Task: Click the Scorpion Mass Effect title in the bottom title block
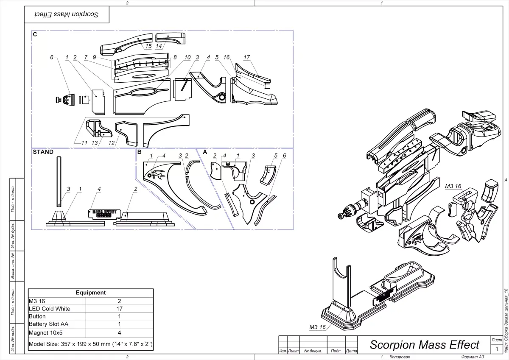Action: click(x=424, y=344)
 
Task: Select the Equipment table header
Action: click(x=90, y=293)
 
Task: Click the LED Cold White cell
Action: click(x=49, y=309)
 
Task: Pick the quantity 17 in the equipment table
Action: click(x=120, y=309)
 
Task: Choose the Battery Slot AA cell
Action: click(x=48, y=324)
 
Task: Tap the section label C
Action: click(x=35, y=34)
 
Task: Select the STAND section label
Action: click(x=43, y=152)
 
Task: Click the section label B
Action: click(x=139, y=151)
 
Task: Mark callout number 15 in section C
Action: click(x=148, y=46)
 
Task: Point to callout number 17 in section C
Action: click(x=246, y=57)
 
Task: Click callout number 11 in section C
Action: click(x=84, y=143)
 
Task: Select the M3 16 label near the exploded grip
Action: click(x=453, y=186)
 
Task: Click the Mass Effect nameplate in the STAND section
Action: click(x=104, y=212)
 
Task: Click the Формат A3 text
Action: click(x=473, y=357)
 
